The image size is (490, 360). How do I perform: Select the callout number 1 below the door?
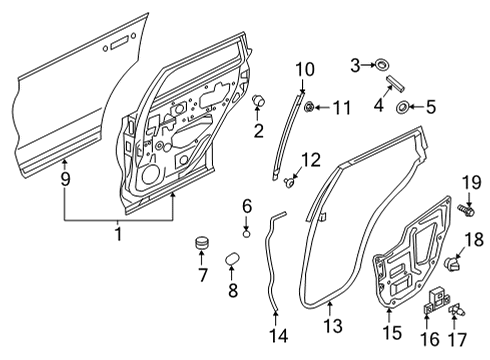pyautogui.click(x=118, y=234)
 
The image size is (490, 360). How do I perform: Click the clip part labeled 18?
pyautogui.click(x=453, y=265)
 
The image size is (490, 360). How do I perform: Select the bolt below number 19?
pyautogui.click(x=466, y=211)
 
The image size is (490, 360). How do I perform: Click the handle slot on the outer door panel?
pyautogui.click(x=117, y=42)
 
